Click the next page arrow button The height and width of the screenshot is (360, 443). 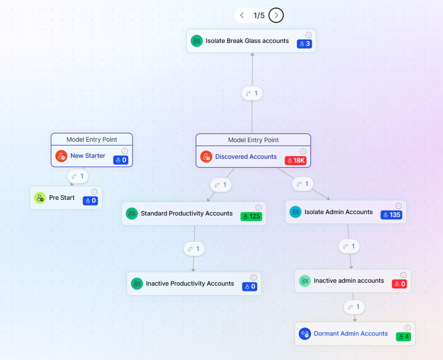276,15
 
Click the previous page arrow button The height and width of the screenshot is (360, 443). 242,15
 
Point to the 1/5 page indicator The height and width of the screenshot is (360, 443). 259,15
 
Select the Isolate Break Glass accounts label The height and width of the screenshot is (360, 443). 247,41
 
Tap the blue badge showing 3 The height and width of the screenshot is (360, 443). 305,44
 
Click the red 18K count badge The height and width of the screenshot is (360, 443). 296,160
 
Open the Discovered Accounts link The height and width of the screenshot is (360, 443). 246,156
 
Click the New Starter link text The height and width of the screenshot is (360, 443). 88,156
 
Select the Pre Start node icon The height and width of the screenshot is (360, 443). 40,198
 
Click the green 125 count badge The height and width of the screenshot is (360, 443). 251,216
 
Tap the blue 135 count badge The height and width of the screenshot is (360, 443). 391,215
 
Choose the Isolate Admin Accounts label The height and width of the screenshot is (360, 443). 339,212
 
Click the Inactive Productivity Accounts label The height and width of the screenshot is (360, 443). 190,284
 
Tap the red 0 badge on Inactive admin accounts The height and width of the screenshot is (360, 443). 399,284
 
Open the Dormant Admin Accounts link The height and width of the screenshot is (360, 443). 350,334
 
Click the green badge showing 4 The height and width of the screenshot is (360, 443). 403,337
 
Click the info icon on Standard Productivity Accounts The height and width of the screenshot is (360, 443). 258,207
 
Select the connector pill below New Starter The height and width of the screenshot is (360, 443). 78,176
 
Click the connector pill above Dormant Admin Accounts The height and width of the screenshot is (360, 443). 354,307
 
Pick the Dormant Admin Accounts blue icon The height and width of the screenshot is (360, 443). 305,334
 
